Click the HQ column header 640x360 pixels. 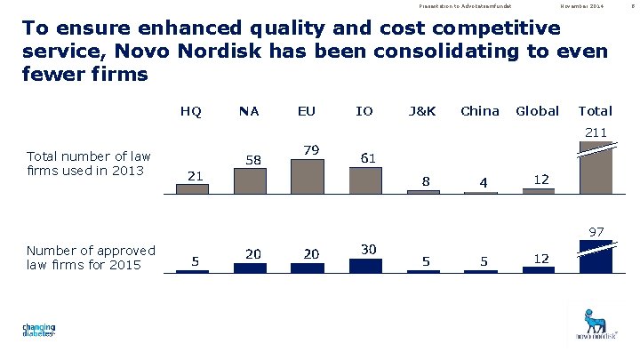(x=190, y=111)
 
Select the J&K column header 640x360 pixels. (x=421, y=111)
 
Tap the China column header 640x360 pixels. (x=480, y=111)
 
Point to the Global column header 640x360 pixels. (x=537, y=111)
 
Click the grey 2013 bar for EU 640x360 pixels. (x=308, y=176)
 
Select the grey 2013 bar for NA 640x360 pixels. (x=250, y=180)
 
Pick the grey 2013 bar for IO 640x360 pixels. (x=364, y=180)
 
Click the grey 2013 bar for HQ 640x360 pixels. (x=192, y=188)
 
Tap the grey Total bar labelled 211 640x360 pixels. (x=596, y=167)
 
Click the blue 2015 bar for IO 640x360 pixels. (x=365, y=265)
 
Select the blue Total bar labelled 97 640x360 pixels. (x=596, y=256)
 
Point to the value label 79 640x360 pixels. (x=311, y=149)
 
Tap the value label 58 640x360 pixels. (x=253, y=160)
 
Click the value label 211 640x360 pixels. (x=596, y=133)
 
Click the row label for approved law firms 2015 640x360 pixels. (x=91, y=257)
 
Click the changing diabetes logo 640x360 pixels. (x=39, y=331)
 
